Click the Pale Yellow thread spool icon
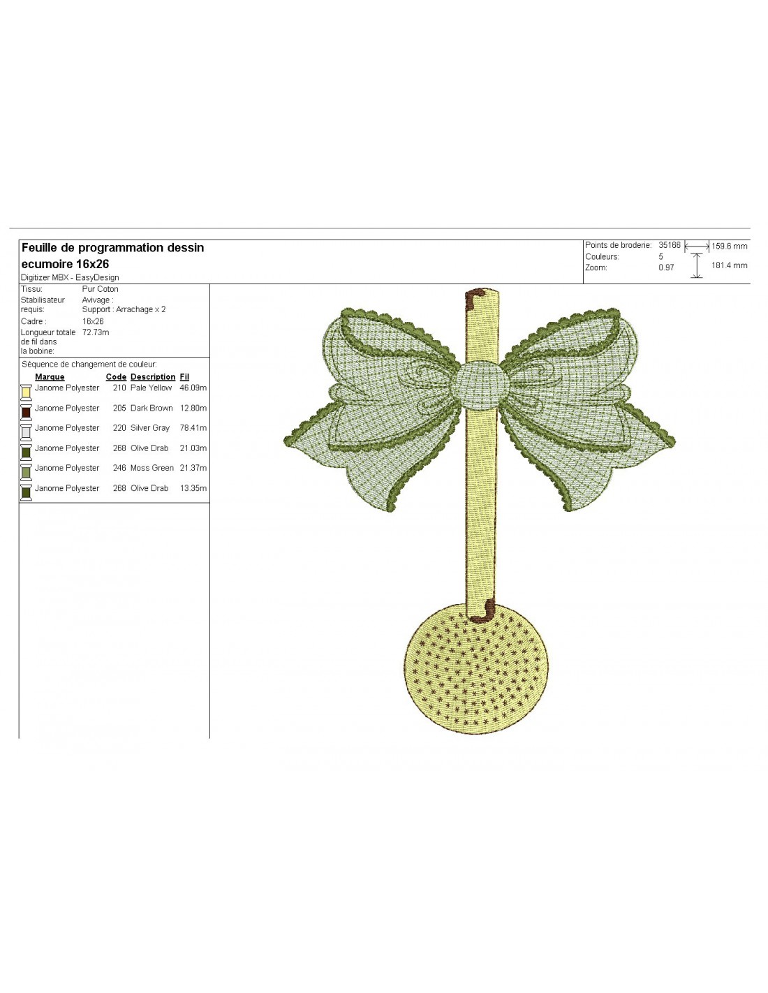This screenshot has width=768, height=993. [26, 392]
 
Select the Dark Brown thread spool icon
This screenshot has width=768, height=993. [26, 413]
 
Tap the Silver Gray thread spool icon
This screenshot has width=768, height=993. [26, 432]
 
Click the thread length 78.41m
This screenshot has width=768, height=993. [193, 428]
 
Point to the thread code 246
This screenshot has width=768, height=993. [119, 468]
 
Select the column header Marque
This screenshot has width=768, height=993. [50, 377]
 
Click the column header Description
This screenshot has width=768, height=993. [153, 377]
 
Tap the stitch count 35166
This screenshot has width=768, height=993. [670, 245]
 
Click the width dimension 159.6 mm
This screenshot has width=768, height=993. [729, 247]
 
